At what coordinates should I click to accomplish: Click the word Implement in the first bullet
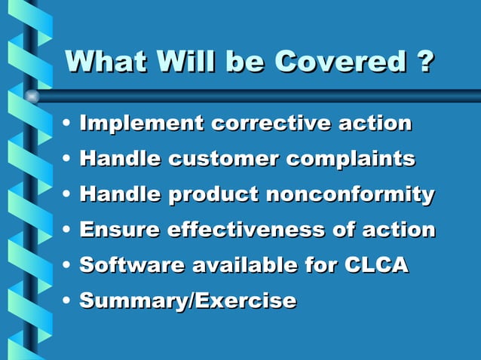click(141, 123)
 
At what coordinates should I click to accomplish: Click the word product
click(212, 194)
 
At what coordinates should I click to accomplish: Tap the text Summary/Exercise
click(188, 301)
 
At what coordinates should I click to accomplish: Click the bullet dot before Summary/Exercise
click(68, 301)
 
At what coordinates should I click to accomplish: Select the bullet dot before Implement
click(68, 124)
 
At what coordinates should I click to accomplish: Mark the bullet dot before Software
click(68, 266)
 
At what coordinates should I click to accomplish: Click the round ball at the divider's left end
click(32, 96)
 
